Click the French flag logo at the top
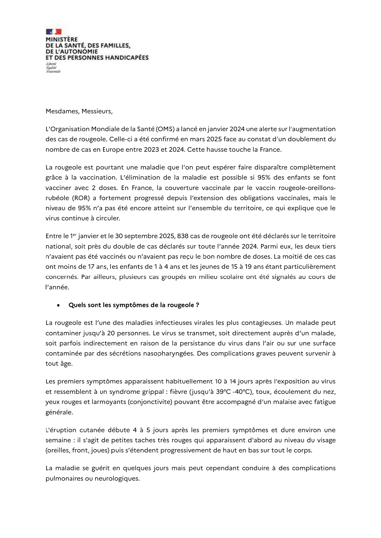tap(54, 32)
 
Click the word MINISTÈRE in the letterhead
tap(61, 40)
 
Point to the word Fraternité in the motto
tap(53, 72)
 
